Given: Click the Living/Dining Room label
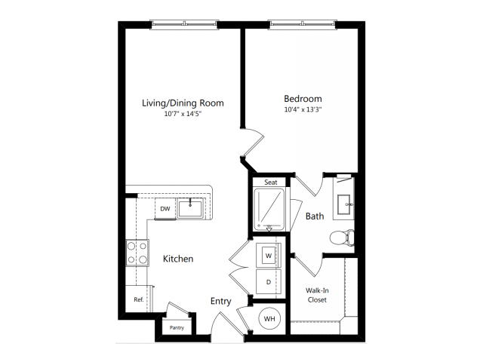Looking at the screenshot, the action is (183, 103).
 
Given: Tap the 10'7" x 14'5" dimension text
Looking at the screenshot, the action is (183, 114).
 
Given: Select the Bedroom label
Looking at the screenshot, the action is (303, 99).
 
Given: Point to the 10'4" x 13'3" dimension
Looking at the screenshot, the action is (303, 109).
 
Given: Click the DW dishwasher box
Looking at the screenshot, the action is (165, 209).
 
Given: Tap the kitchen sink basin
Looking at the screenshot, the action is (190, 208).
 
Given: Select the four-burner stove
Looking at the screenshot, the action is (137, 253).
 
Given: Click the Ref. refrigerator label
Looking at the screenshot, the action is (139, 299).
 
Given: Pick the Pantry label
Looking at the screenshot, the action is (177, 327).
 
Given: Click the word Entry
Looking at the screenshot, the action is (220, 301).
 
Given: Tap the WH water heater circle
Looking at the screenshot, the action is (269, 318).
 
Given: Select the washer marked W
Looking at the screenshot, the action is (269, 256).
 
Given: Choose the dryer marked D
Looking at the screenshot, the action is (269, 282).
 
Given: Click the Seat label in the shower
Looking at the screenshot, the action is (271, 183).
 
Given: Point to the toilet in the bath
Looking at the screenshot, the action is (342, 238).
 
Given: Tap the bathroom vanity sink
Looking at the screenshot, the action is (343, 204).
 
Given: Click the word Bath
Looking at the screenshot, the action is (315, 216).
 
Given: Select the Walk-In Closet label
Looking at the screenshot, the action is (317, 295).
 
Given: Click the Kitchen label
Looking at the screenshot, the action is (178, 259).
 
